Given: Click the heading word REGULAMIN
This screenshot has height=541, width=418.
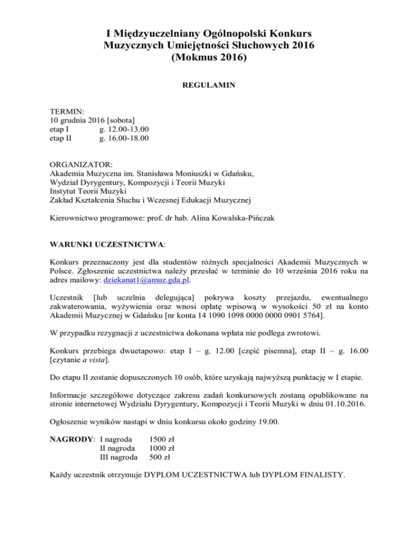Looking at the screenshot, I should [x=209, y=85].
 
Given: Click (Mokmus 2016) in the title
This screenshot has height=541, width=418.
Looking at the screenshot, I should [x=209, y=56].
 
